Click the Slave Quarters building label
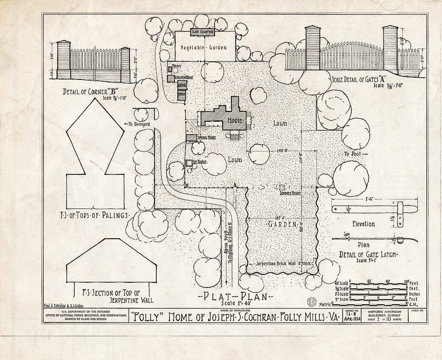coord(203,32)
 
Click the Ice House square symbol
coord(189,163)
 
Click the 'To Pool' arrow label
coord(355,154)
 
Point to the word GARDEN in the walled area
coord(282,224)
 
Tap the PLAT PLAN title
coord(233,297)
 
